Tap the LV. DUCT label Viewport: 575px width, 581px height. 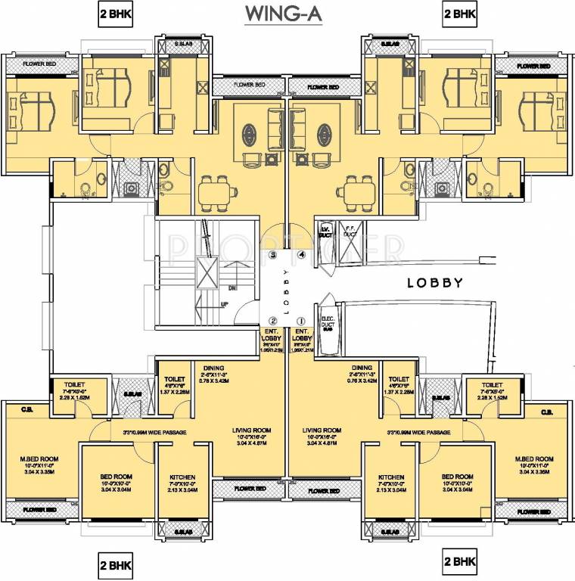pos(327,231)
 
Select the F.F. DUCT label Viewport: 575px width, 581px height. pos(350,231)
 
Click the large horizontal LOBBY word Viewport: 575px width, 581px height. pos(435,283)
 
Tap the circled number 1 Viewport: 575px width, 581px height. pos(301,321)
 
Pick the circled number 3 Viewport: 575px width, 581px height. pos(272,256)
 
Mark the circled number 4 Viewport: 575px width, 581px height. pos(301,256)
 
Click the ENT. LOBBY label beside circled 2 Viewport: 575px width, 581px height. pos(272,335)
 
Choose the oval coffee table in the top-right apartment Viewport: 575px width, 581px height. pos(324,134)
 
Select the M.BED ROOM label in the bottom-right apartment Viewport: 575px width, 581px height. pos(535,459)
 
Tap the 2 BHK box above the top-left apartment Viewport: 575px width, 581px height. pos(115,14)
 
